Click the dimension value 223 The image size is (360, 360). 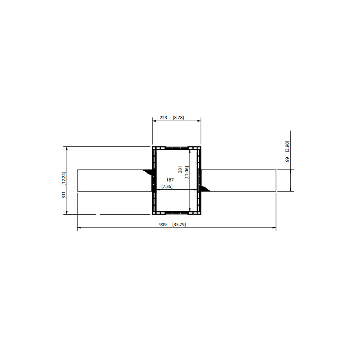coord(163,118)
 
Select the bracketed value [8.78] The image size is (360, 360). coord(179,118)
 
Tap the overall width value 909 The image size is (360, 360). coord(163,225)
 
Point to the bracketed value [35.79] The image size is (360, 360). coord(179,225)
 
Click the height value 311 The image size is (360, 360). coord(64,195)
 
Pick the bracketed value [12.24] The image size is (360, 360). coord(64,179)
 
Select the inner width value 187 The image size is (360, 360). coord(170,180)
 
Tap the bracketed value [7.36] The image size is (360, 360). coord(167,186)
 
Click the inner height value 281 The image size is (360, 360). coord(180,170)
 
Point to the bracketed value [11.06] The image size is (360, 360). coord(186,173)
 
